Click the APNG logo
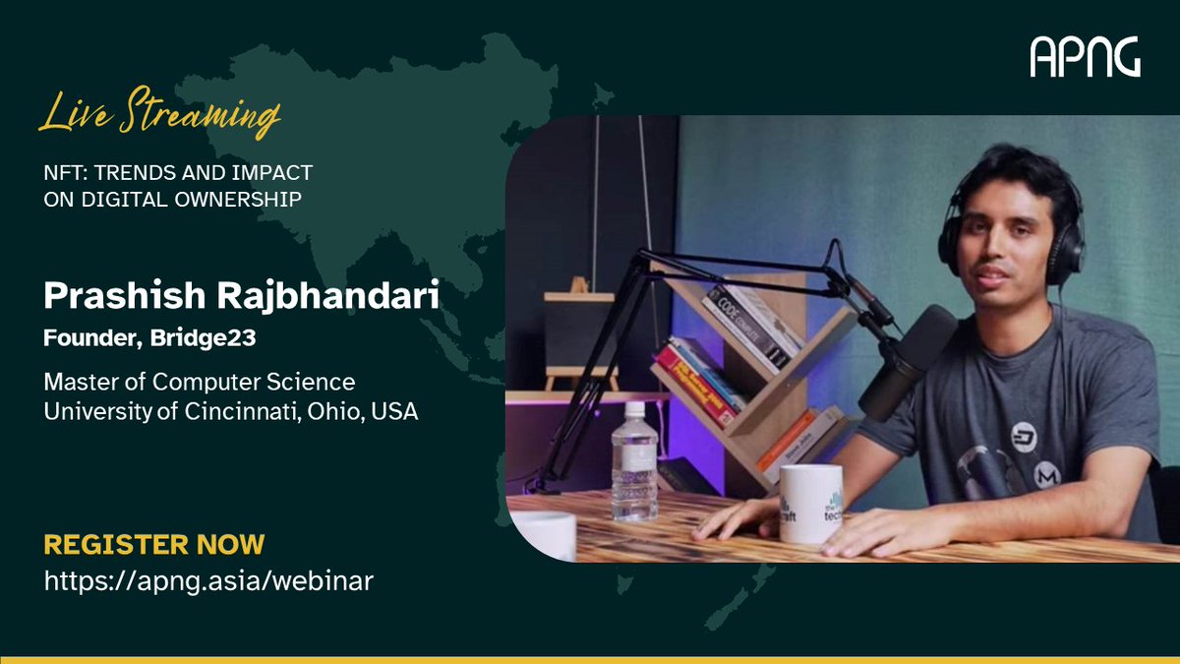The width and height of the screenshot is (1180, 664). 1085,57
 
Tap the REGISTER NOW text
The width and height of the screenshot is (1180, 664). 154,544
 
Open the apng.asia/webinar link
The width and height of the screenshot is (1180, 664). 208,580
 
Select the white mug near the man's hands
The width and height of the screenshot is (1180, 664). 810,503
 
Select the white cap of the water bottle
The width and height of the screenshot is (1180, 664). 634,408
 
